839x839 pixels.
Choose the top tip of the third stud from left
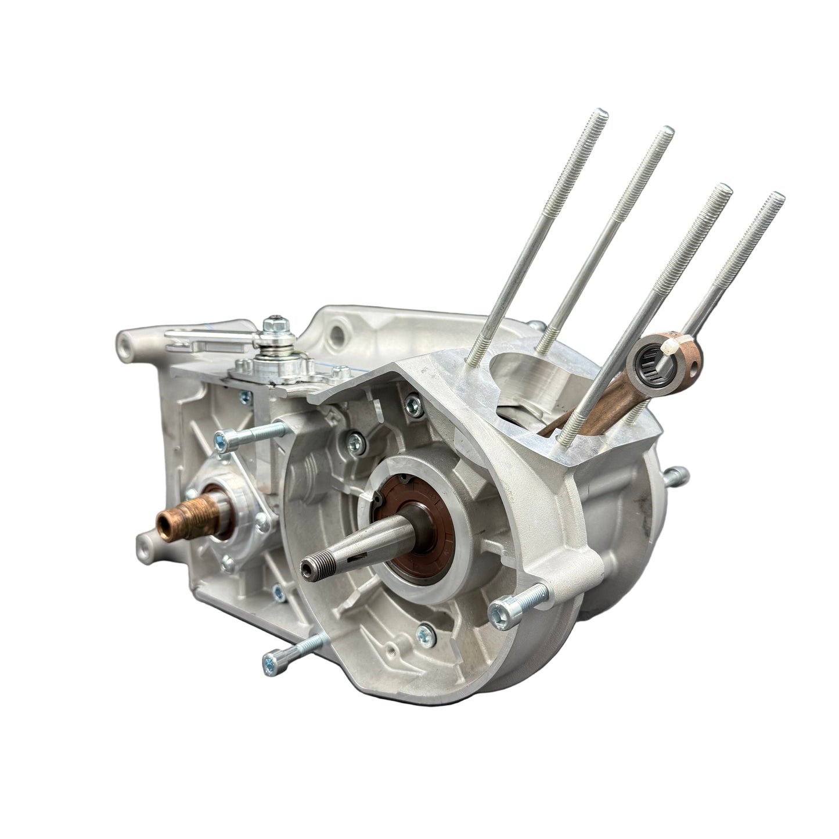point(723,189)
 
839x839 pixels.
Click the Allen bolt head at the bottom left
point(272,659)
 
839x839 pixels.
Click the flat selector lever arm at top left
point(192,343)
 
